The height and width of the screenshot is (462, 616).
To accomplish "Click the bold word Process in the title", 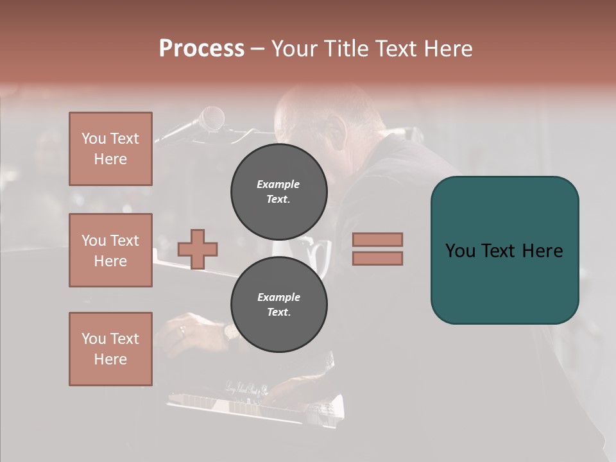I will coord(201,49).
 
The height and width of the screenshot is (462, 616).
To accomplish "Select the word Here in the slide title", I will coord(447,49).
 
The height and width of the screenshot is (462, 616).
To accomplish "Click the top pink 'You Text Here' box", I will coord(110,149).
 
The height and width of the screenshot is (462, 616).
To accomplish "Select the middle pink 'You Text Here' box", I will coord(110,250).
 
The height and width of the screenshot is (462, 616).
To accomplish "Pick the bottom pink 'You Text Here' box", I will coord(110,349).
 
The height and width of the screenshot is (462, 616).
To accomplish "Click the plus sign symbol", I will coord(198,249).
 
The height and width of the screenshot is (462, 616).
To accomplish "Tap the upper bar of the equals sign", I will coord(377,239).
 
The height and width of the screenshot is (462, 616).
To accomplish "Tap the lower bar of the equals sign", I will coord(377,258).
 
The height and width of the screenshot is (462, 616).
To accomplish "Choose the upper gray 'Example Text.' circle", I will coord(278,192).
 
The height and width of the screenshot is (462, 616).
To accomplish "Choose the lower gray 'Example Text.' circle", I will coord(278,304).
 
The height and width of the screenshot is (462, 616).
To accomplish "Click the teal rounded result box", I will coord(504,250).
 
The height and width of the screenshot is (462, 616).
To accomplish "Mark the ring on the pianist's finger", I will coord(182,330).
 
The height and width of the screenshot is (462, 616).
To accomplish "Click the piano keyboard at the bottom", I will coord(257,406).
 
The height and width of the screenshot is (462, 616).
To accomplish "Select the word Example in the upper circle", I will coord(278,184).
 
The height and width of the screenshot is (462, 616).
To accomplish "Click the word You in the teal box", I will coord(459,251).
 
